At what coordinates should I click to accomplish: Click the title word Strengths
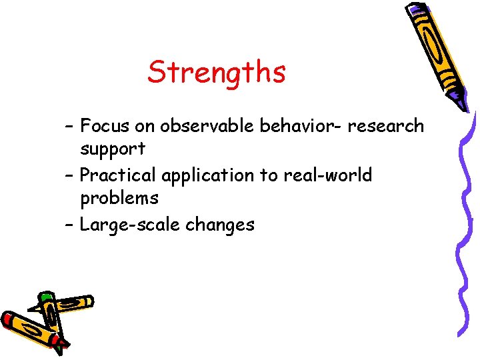click(216, 72)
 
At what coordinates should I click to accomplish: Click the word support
click(113, 148)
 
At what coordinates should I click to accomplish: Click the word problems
click(119, 198)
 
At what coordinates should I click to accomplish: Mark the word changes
click(220, 225)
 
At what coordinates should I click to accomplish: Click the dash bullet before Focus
click(70, 125)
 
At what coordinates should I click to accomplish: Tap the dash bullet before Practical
click(70, 175)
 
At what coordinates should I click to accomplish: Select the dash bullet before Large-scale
click(70, 225)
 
